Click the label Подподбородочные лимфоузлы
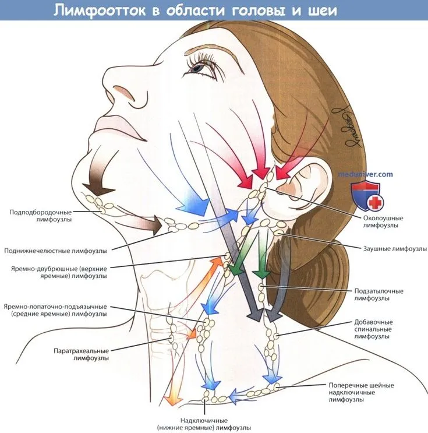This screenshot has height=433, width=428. (41, 216)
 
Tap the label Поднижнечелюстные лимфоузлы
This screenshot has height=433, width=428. (55, 251)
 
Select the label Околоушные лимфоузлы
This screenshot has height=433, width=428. (383, 221)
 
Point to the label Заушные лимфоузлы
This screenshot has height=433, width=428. (395, 248)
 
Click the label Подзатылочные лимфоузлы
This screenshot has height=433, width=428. (379, 295)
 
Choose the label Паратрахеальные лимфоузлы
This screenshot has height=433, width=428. (81, 354)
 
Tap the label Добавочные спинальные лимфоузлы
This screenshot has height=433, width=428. (373, 329)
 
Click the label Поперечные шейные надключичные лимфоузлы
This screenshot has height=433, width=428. (361, 392)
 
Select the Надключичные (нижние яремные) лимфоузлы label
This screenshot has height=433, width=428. (204, 424)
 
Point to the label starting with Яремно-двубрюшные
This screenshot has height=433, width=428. (59, 272)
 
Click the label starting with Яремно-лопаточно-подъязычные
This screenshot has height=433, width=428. (55, 310)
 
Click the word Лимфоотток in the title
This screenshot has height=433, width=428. (100, 10)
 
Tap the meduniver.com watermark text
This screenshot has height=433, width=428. (365, 174)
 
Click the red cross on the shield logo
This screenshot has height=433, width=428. (375, 203)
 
